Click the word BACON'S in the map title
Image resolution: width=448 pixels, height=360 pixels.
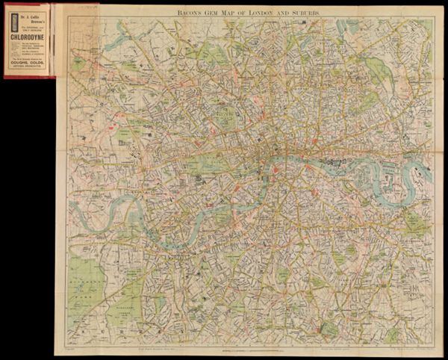[x=185, y=12]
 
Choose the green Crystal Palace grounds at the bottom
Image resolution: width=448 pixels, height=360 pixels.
[x=329, y=327]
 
